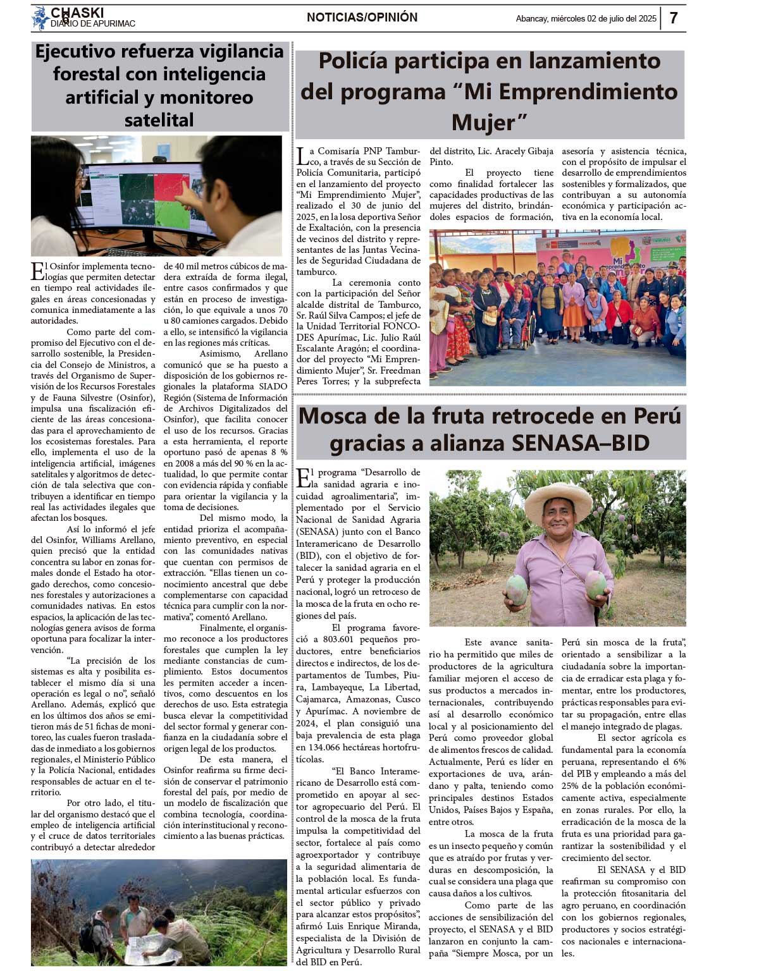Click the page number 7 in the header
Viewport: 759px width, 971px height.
[674, 18]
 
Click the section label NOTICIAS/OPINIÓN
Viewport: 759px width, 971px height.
[362, 18]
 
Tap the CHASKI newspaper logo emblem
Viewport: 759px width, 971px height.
[40, 18]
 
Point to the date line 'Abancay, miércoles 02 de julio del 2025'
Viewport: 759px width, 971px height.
[586, 19]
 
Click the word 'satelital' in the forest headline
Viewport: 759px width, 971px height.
[159, 120]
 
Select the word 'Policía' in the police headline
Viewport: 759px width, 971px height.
[357, 61]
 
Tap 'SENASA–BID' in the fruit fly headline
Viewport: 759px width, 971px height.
[581, 443]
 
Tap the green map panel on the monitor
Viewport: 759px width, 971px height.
[172, 215]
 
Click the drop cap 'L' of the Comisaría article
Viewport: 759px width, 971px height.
[304, 157]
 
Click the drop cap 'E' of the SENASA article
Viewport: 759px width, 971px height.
[304, 478]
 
